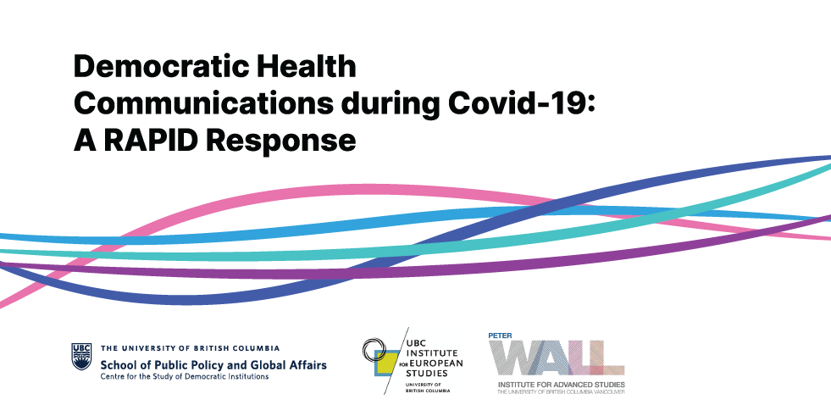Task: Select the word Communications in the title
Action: point(203,104)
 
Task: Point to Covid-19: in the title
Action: point(522,104)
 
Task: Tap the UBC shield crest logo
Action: point(81,356)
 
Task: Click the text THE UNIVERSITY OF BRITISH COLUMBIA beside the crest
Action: point(191,348)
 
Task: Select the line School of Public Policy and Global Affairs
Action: point(213,365)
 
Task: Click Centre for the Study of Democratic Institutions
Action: point(185,377)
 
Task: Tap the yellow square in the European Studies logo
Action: point(385,363)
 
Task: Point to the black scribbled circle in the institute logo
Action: point(374,350)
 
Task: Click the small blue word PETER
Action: point(500,336)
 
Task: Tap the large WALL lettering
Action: point(557,358)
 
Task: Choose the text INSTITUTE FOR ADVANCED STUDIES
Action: point(562,384)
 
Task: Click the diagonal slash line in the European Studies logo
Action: point(396,360)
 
